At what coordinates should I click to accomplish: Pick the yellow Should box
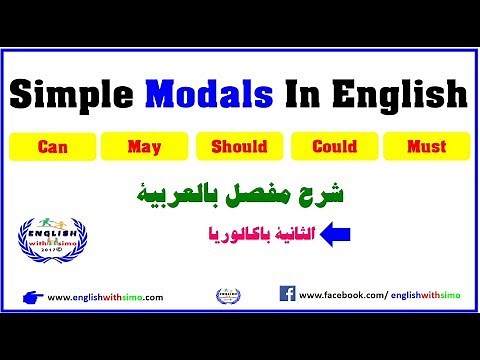click(x=240, y=146)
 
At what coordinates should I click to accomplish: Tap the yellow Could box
click(x=334, y=146)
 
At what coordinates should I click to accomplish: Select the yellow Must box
click(x=427, y=146)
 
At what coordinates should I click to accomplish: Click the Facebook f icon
click(x=287, y=295)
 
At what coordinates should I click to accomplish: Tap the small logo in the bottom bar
click(x=228, y=296)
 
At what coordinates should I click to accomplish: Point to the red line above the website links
click(x=240, y=280)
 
